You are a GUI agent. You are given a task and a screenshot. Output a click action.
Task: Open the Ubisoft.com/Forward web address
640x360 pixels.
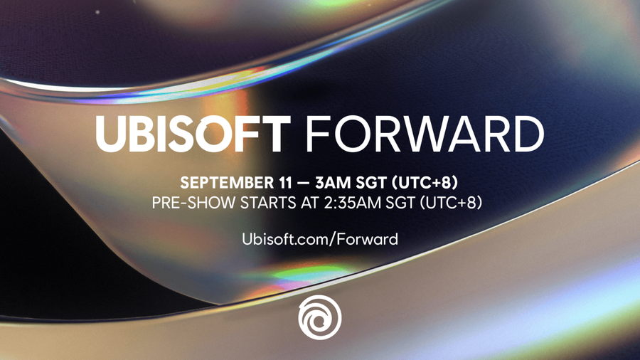pos(320,238)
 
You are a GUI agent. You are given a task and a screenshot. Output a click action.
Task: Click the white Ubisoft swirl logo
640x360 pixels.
pos(320,317)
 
